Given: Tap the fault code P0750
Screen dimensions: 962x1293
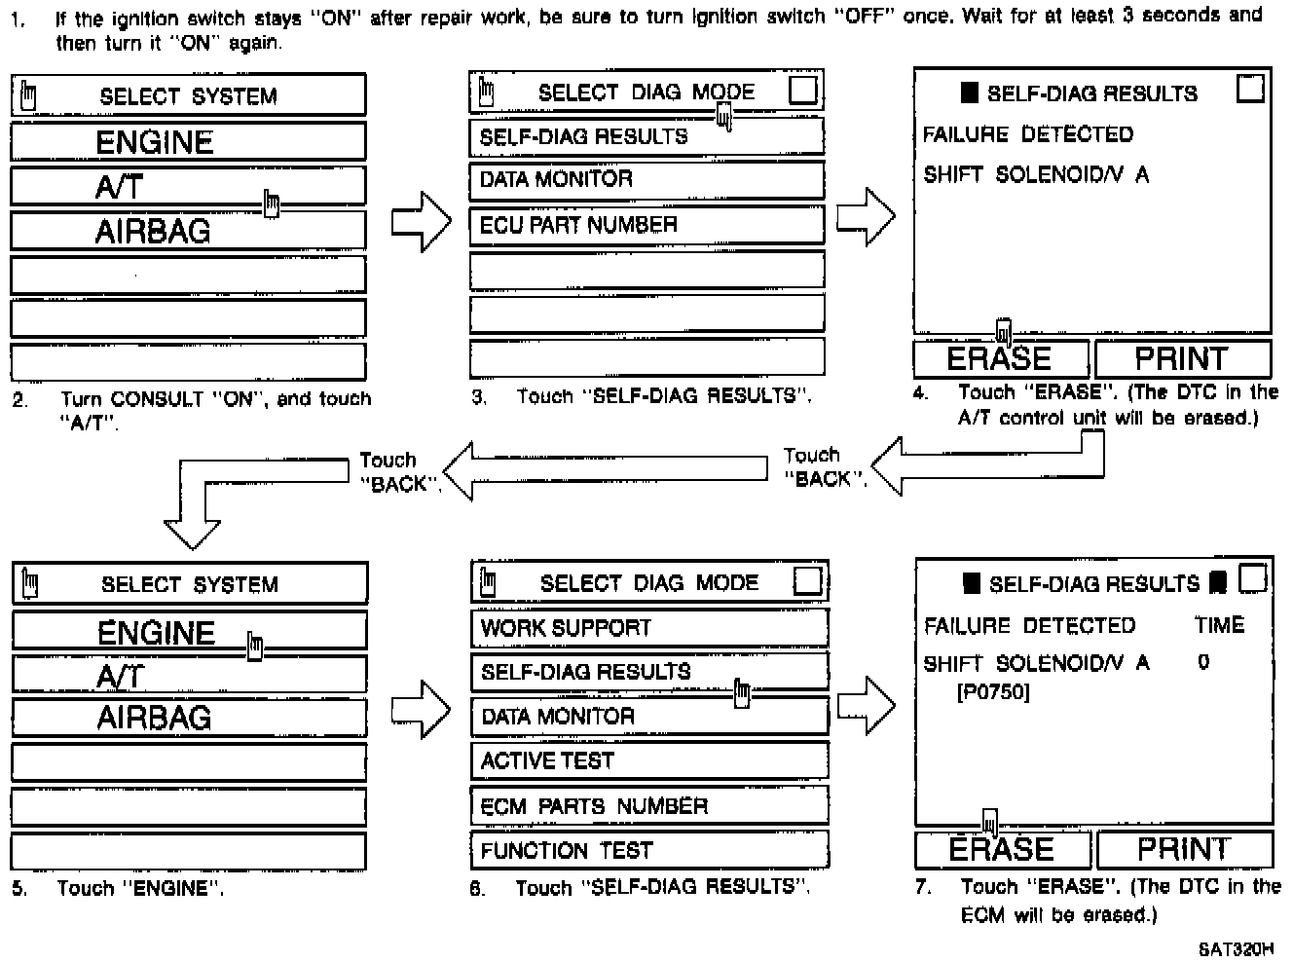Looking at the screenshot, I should coord(993,692).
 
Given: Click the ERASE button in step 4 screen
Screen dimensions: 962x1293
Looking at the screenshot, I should coord(1000,358).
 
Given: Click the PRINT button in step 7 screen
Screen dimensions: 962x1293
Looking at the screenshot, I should coord(1184,849).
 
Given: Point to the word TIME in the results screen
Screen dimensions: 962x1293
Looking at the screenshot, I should coord(1219,625).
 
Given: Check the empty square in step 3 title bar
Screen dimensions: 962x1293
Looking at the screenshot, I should coord(803,91).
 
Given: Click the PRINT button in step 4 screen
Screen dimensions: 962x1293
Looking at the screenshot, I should coord(1182,358).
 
